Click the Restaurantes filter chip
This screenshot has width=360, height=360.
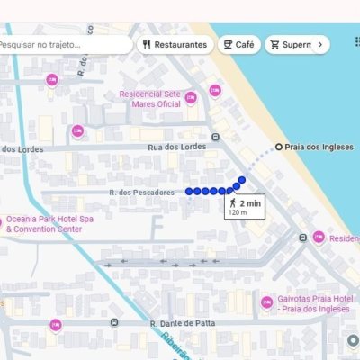[175, 44]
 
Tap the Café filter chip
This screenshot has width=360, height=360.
[238, 44]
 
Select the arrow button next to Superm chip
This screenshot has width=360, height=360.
[320, 44]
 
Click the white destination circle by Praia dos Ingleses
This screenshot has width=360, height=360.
[279, 147]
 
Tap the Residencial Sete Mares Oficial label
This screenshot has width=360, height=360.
[156, 98]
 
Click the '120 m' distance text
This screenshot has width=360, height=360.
[238, 213]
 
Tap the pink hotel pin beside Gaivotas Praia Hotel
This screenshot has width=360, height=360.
[266, 303]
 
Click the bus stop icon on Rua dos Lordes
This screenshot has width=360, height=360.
[215, 138]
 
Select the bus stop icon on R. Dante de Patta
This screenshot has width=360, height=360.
[113, 321]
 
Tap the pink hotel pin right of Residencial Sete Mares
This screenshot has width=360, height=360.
[215, 90]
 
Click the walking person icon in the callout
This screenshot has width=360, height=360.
[234, 203]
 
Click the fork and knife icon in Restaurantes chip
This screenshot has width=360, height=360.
[146, 44]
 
